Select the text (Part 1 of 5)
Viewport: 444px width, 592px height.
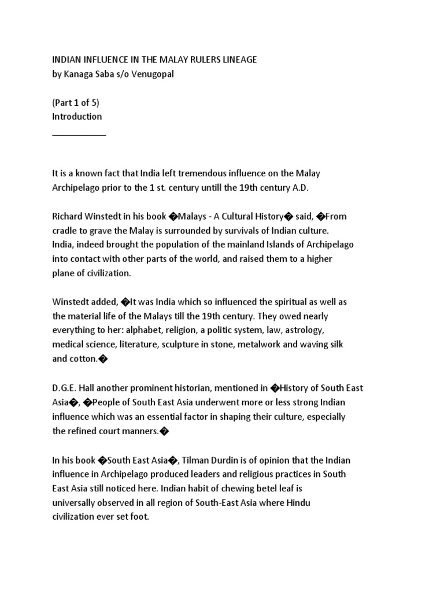coord(76,103)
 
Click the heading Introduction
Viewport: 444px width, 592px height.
coord(77,116)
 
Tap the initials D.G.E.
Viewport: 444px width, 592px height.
coord(65,387)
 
